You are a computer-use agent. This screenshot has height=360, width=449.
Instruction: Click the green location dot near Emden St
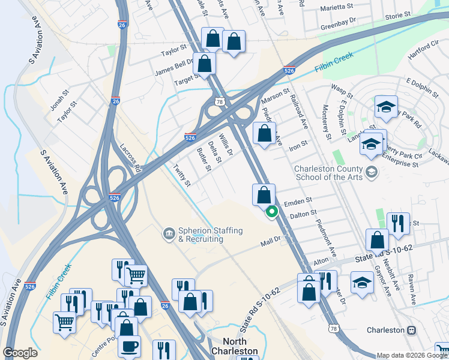click(272, 211)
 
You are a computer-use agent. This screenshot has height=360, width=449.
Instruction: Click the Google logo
click(20, 353)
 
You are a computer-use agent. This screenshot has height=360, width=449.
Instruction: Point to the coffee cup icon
click(129, 347)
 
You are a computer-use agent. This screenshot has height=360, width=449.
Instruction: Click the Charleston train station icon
click(412, 330)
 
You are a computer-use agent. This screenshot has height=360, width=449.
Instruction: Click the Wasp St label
click(342, 91)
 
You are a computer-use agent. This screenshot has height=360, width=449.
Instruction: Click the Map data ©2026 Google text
click(412, 355)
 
